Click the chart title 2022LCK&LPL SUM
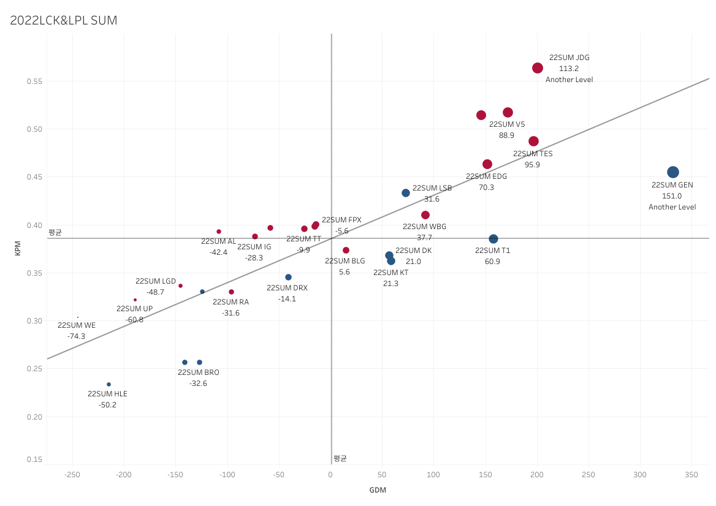[x=64, y=20]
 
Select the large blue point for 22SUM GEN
[x=672, y=172]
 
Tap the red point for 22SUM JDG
[x=538, y=68]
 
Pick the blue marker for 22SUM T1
[x=493, y=239]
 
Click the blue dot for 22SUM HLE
[x=109, y=385]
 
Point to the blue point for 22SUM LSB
[x=406, y=193]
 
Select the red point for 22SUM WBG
[x=425, y=215]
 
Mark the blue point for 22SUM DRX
[x=288, y=278]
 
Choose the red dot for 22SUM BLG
[x=346, y=251]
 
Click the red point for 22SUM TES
[x=533, y=142]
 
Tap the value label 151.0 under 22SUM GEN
[x=672, y=196]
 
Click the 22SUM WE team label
[x=77, y=325]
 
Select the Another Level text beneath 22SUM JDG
[x=569, y=80]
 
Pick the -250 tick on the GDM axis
[x=72, y=475]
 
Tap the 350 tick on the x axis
[x=691, y=475]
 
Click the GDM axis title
[x=378, y=490]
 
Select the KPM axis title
[x=17, y=248]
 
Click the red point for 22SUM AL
[x=219, y=232]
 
